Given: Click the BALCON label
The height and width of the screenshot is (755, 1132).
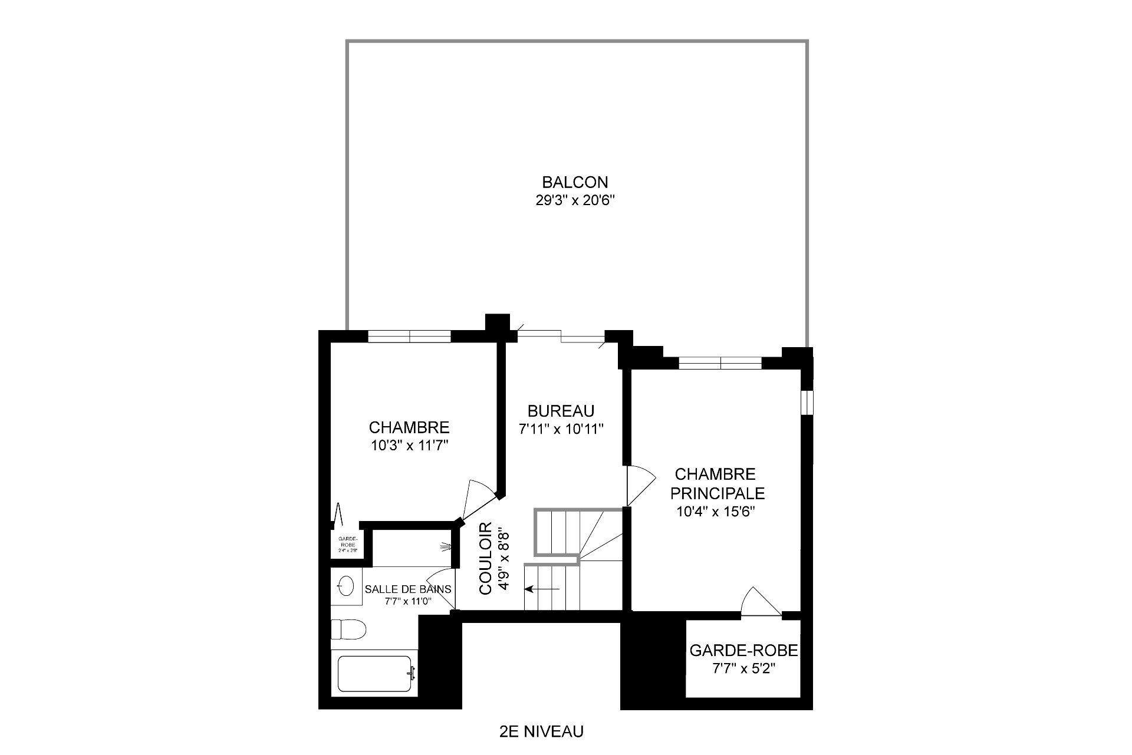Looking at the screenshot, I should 575,182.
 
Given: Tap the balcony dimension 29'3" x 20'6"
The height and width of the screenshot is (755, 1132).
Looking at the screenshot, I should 575,200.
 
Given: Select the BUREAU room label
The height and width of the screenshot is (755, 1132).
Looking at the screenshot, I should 561,411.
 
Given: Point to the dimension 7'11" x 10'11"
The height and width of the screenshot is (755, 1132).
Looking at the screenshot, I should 561,429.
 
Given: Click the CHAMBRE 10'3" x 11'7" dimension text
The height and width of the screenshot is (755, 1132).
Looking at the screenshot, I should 410,446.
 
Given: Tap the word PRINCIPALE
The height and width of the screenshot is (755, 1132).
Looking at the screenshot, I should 717,493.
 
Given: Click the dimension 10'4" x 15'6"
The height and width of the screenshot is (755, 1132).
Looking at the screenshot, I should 716,512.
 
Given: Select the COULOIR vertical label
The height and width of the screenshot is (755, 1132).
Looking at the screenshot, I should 486,558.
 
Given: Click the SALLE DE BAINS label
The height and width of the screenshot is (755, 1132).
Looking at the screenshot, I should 408,589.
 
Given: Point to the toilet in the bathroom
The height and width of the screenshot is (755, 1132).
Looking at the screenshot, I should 348,629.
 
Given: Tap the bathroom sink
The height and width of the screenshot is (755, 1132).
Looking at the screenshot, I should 346,586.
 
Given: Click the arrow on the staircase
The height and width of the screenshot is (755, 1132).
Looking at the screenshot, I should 543,588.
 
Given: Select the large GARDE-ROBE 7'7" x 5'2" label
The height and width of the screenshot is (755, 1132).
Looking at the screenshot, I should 743,651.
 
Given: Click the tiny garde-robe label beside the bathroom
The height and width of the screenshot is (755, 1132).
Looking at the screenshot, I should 345,544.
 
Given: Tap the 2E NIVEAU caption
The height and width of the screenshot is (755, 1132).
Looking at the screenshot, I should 541,731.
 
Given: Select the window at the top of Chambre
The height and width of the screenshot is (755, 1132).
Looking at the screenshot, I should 409,337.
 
